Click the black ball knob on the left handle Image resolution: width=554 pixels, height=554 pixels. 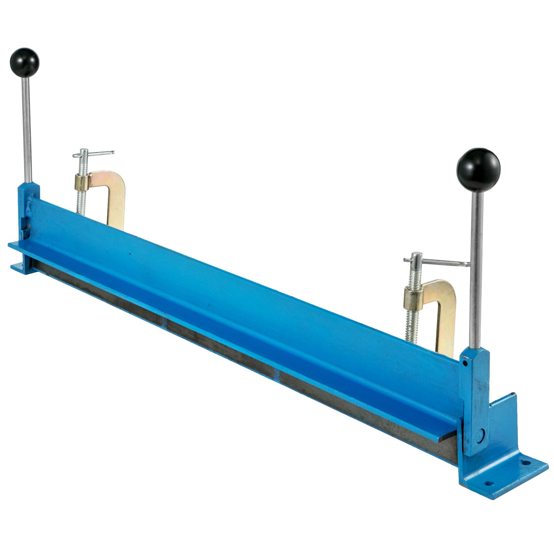(25, 63)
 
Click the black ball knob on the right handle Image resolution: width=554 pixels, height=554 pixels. (478, 170)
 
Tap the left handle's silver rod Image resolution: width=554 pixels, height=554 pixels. (27, 128)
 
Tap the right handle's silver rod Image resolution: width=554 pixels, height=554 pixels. (476, 270)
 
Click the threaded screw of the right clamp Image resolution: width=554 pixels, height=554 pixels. (411, 322)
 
